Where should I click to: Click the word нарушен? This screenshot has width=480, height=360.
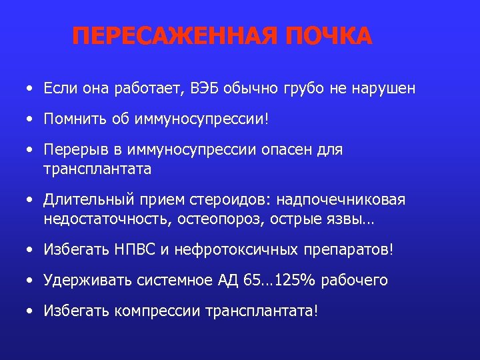(385, 88)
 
